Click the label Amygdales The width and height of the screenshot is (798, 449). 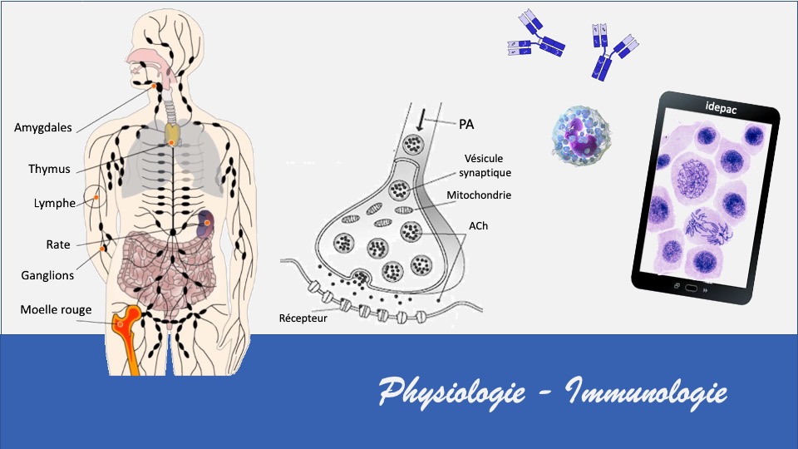tap(43, 127)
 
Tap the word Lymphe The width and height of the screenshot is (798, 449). tap(55, 203)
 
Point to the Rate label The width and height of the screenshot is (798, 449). tap(58, 244)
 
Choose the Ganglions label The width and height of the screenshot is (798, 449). tap(47, 275)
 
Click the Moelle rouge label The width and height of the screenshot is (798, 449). tap(56, 310)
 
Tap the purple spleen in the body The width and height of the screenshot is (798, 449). tap(206, 222)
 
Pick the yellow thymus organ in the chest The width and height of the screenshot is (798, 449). tap(172, 136)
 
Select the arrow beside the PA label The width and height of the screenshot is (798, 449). tap(421, 121)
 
